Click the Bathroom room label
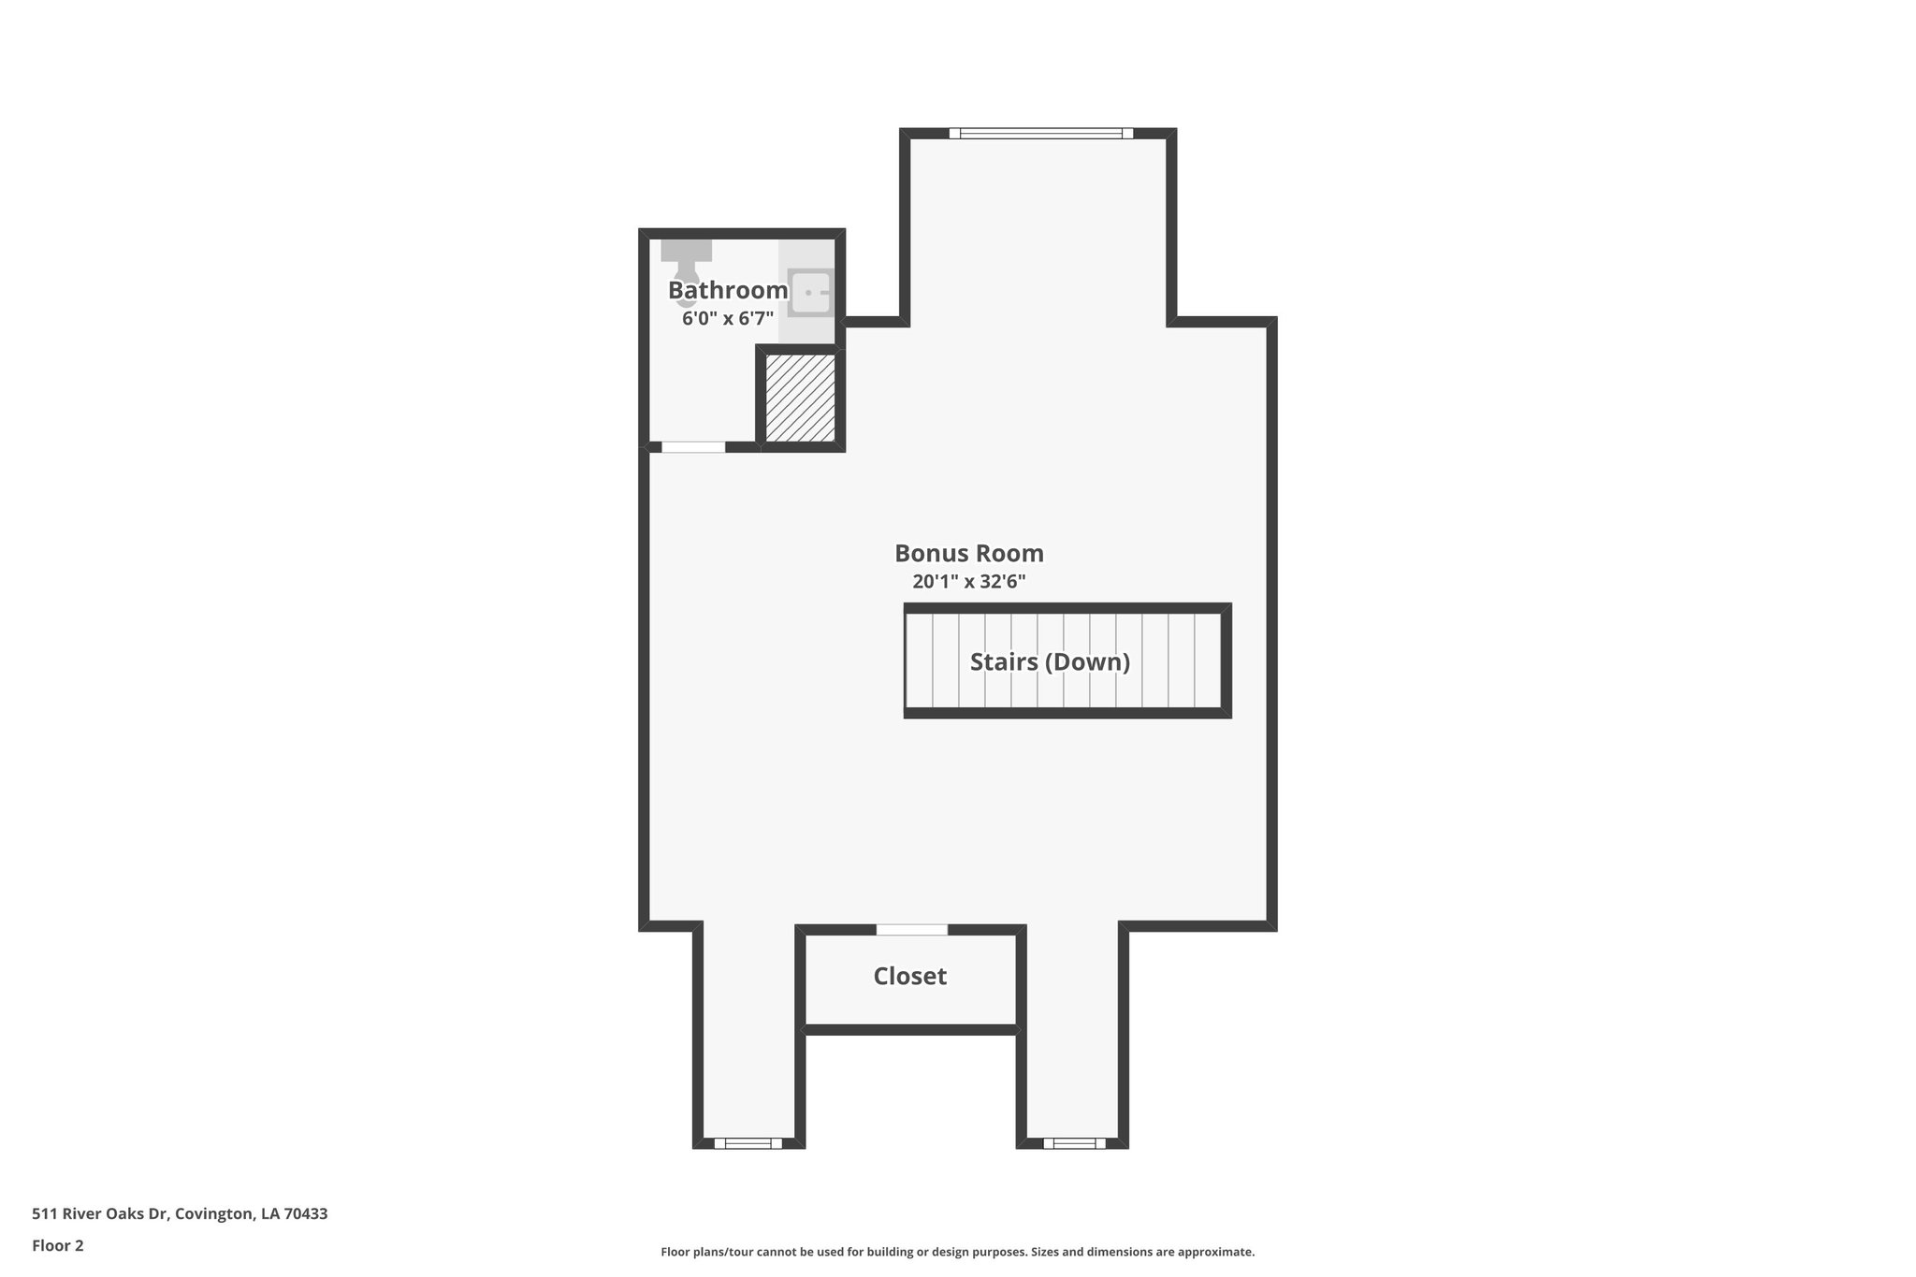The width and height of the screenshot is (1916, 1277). pos(728,291)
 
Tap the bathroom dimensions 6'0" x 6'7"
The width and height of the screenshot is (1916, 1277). pos(728,318)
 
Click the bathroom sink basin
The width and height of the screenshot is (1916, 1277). pos(810,292)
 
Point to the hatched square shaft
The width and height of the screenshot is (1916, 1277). pos(801,398)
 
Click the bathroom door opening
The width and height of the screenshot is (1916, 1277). pos(693,447)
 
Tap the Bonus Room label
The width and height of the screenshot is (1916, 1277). pos(969,553)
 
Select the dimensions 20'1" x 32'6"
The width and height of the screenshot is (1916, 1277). pos(969,582)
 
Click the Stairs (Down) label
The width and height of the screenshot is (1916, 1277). pos(1050,662)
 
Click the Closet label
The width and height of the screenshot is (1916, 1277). pos(909,977)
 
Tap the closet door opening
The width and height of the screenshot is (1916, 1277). pos(912,930)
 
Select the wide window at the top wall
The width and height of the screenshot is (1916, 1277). pos(1040,134)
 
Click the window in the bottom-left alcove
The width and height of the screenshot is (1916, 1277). pos(748,1142)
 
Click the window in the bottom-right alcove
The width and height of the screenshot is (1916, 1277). pos(1074,1142)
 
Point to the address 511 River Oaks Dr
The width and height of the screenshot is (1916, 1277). pos(100,1214)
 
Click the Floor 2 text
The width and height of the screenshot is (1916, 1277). pos(58,1245)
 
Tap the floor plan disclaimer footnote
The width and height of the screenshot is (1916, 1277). pos(957,1252)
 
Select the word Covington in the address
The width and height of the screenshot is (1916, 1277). pos(215,1214)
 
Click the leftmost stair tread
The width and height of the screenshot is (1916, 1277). pos(920,660)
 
